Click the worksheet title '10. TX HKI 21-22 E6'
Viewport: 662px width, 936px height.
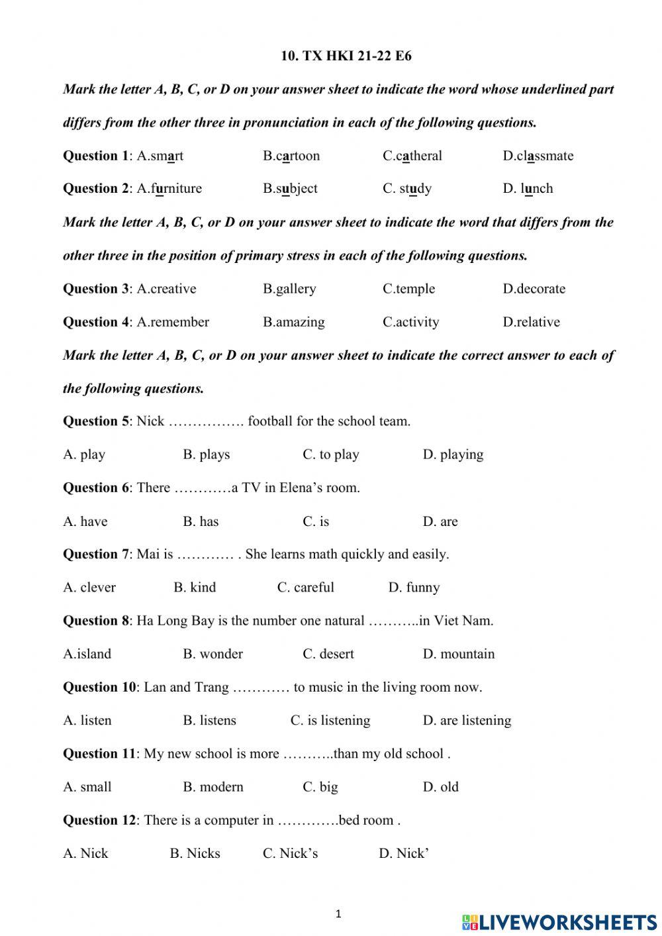346,56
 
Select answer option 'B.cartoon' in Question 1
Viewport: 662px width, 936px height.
291,156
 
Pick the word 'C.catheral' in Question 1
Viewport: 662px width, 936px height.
412,156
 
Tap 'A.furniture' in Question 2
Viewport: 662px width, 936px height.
169,189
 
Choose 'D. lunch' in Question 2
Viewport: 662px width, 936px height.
528,189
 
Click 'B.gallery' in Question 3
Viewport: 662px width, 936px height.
289,289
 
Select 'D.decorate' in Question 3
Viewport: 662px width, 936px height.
534,289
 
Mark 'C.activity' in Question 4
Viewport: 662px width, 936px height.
410,323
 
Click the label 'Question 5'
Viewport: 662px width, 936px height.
96,421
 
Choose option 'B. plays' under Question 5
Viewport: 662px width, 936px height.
206,455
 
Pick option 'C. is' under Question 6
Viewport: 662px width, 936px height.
316,522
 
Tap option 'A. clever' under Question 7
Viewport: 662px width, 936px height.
89,588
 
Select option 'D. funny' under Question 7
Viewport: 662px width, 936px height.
414,588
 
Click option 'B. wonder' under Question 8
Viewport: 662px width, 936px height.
213,654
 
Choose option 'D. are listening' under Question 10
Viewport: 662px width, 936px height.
467,721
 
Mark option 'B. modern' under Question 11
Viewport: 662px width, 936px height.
213,787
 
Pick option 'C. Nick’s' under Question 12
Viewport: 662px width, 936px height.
290,854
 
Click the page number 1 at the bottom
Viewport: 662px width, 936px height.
338,915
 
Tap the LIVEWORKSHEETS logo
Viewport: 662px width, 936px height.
559,921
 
